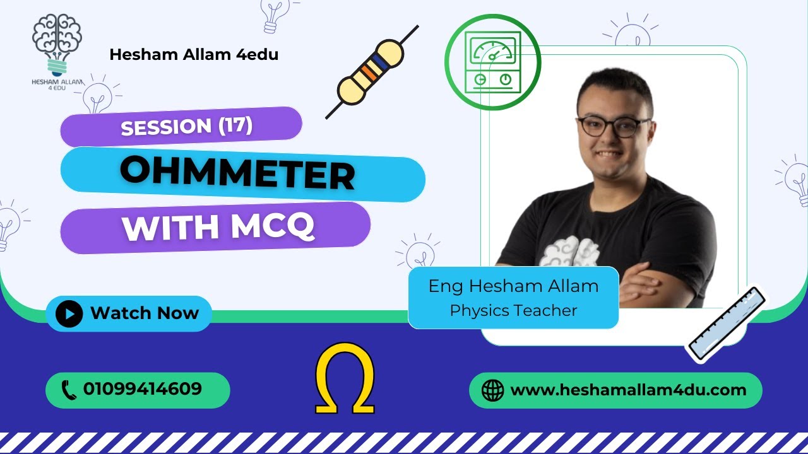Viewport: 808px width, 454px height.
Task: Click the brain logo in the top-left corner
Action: point(57,44)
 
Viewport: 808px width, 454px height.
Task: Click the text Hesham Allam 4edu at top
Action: point(194,55)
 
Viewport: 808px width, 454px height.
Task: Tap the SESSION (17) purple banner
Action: point(181,126)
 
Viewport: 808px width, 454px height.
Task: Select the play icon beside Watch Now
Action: point(69,313)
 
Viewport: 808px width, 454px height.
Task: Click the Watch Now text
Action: point(145,313)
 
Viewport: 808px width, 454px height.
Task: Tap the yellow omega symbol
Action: point(345,378)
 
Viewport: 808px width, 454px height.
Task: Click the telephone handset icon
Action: point(69,390)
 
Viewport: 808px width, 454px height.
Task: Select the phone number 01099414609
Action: point(143,389)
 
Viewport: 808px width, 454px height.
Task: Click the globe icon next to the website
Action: point(492,390)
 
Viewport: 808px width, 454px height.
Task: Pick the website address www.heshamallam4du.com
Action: point(628,390)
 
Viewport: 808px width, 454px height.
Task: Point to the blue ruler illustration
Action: point(726,325)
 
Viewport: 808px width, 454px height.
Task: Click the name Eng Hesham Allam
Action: point(513,286)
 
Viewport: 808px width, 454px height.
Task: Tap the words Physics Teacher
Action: point(513,310)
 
